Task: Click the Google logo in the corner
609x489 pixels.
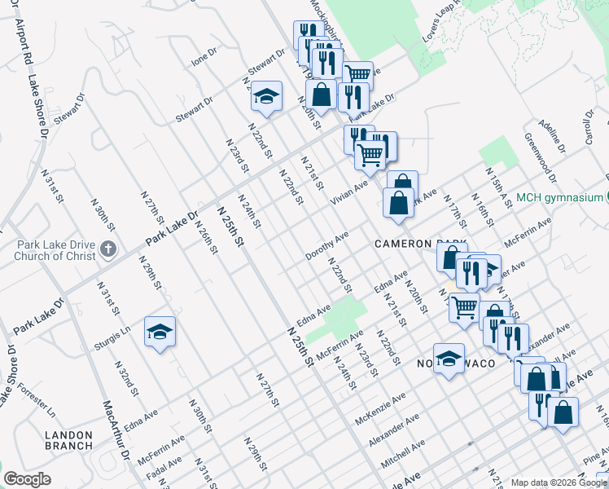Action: click(x=27, y=479)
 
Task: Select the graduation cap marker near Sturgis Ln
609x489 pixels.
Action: click(x=160, y=332)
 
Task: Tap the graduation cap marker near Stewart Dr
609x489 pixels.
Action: click(x=265, y=97)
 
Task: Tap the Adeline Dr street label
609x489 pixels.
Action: click(x=551, y=138)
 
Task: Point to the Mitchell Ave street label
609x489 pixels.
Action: click(x=403, y=456)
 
